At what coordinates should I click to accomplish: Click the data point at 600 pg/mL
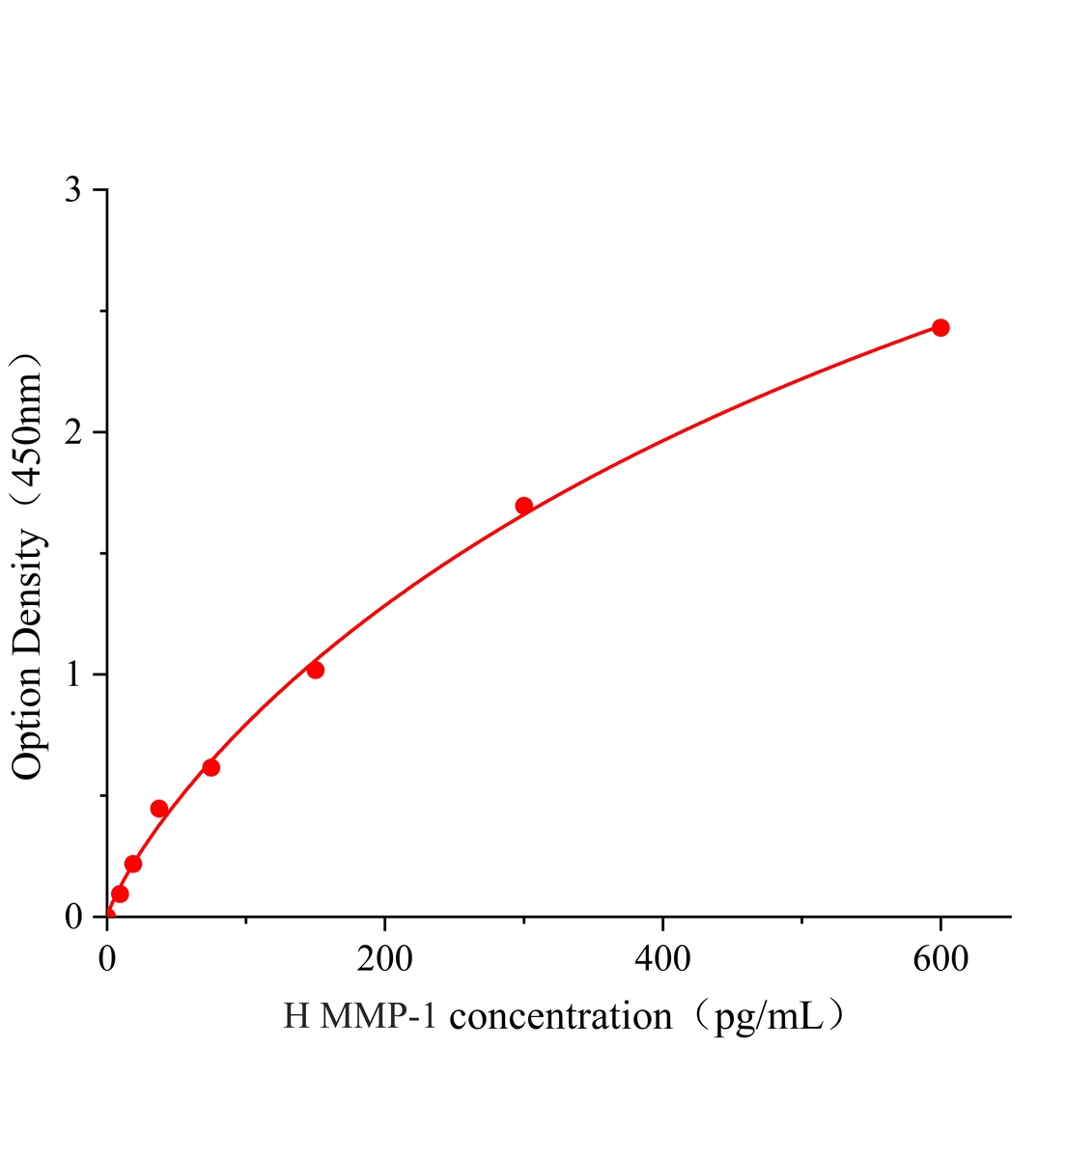click(940, 328)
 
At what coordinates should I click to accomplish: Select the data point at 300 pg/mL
click(523, 506)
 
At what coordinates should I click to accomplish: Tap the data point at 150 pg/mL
click(315, 670)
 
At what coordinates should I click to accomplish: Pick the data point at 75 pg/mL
click(210, 767)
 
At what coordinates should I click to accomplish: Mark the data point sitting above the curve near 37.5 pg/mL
click(159, 809)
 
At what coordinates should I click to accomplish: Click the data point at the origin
click(108, 915)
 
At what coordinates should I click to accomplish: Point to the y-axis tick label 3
click(73, 190)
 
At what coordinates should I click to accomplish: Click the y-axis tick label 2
click(73, 432)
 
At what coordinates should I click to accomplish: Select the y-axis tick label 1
click(73, 675)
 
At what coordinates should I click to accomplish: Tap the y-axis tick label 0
click(73, 916)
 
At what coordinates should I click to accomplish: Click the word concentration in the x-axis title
click(561, 1017)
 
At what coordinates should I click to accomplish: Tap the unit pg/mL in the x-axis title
click(767, 1017)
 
